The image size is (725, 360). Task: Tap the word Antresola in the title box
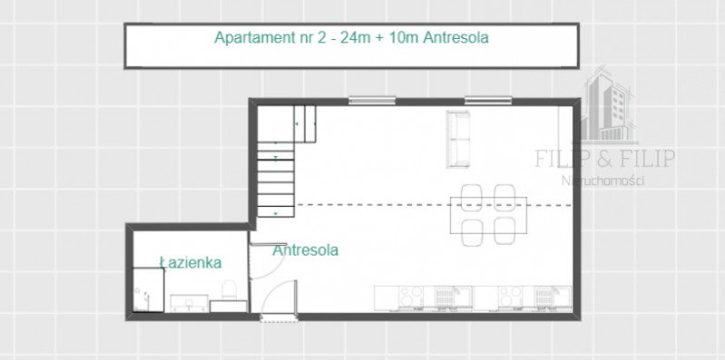tap(456, 37)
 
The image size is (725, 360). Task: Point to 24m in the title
tap(356, 37)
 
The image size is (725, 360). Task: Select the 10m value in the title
tap(404, 37)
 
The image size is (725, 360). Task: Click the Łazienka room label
tap(191, 262)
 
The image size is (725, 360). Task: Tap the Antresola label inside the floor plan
tap(305, 250)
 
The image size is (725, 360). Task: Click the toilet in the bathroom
tap(230, 289)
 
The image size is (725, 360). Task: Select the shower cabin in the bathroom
tap(149, 289)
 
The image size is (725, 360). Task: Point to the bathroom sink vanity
tap(189, 303)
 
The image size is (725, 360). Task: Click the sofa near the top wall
tap(458, 139)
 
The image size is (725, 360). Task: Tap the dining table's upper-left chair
tap(472, 197)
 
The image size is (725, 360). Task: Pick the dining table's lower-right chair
tap(505, 230)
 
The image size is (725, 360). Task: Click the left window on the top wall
tap(372, 100)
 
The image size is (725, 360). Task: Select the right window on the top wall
tap(488, 100)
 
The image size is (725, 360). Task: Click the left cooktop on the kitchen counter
tap(410, 297)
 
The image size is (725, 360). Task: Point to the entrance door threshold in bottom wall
tap(279, 318)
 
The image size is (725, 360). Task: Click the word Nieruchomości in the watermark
tap(603, 180)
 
